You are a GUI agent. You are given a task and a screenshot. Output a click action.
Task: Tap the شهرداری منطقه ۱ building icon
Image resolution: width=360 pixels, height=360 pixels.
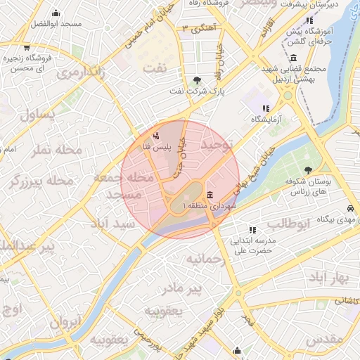(210, 194)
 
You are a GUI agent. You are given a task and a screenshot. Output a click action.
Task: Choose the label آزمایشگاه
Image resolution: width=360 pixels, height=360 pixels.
(267, 120)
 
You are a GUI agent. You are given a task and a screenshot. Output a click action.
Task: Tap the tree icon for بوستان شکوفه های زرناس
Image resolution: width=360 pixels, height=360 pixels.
(308, 169)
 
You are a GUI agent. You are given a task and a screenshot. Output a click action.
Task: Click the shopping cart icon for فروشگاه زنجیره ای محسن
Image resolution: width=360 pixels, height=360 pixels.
(26, 47)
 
